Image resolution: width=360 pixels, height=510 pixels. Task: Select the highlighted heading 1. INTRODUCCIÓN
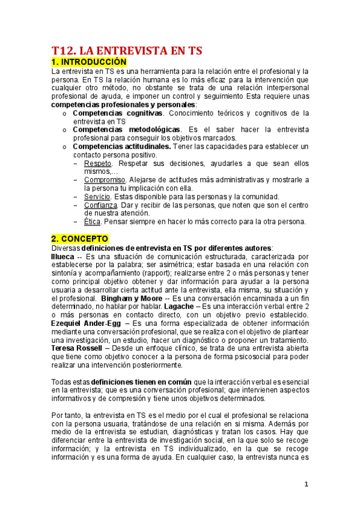click(89, 62)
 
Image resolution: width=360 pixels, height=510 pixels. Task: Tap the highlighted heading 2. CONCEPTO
click(79, 239)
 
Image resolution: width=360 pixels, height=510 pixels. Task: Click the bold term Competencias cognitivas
click(117, 113)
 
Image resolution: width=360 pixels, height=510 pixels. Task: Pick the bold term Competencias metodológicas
click(126, 129)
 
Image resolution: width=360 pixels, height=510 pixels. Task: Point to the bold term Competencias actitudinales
click(122, 146)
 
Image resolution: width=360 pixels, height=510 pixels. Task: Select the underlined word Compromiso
click(105, 180)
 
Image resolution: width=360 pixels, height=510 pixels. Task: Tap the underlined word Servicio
click(97, 197)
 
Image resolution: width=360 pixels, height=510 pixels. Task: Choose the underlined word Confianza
click(100, 205)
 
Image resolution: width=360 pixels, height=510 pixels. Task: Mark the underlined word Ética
click(92, 221)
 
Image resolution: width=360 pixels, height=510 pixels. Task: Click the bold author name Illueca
click(63, 256)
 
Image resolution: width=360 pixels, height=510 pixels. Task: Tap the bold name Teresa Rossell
click(77, 349)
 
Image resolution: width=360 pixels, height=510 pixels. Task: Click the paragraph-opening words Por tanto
click(67, 416)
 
